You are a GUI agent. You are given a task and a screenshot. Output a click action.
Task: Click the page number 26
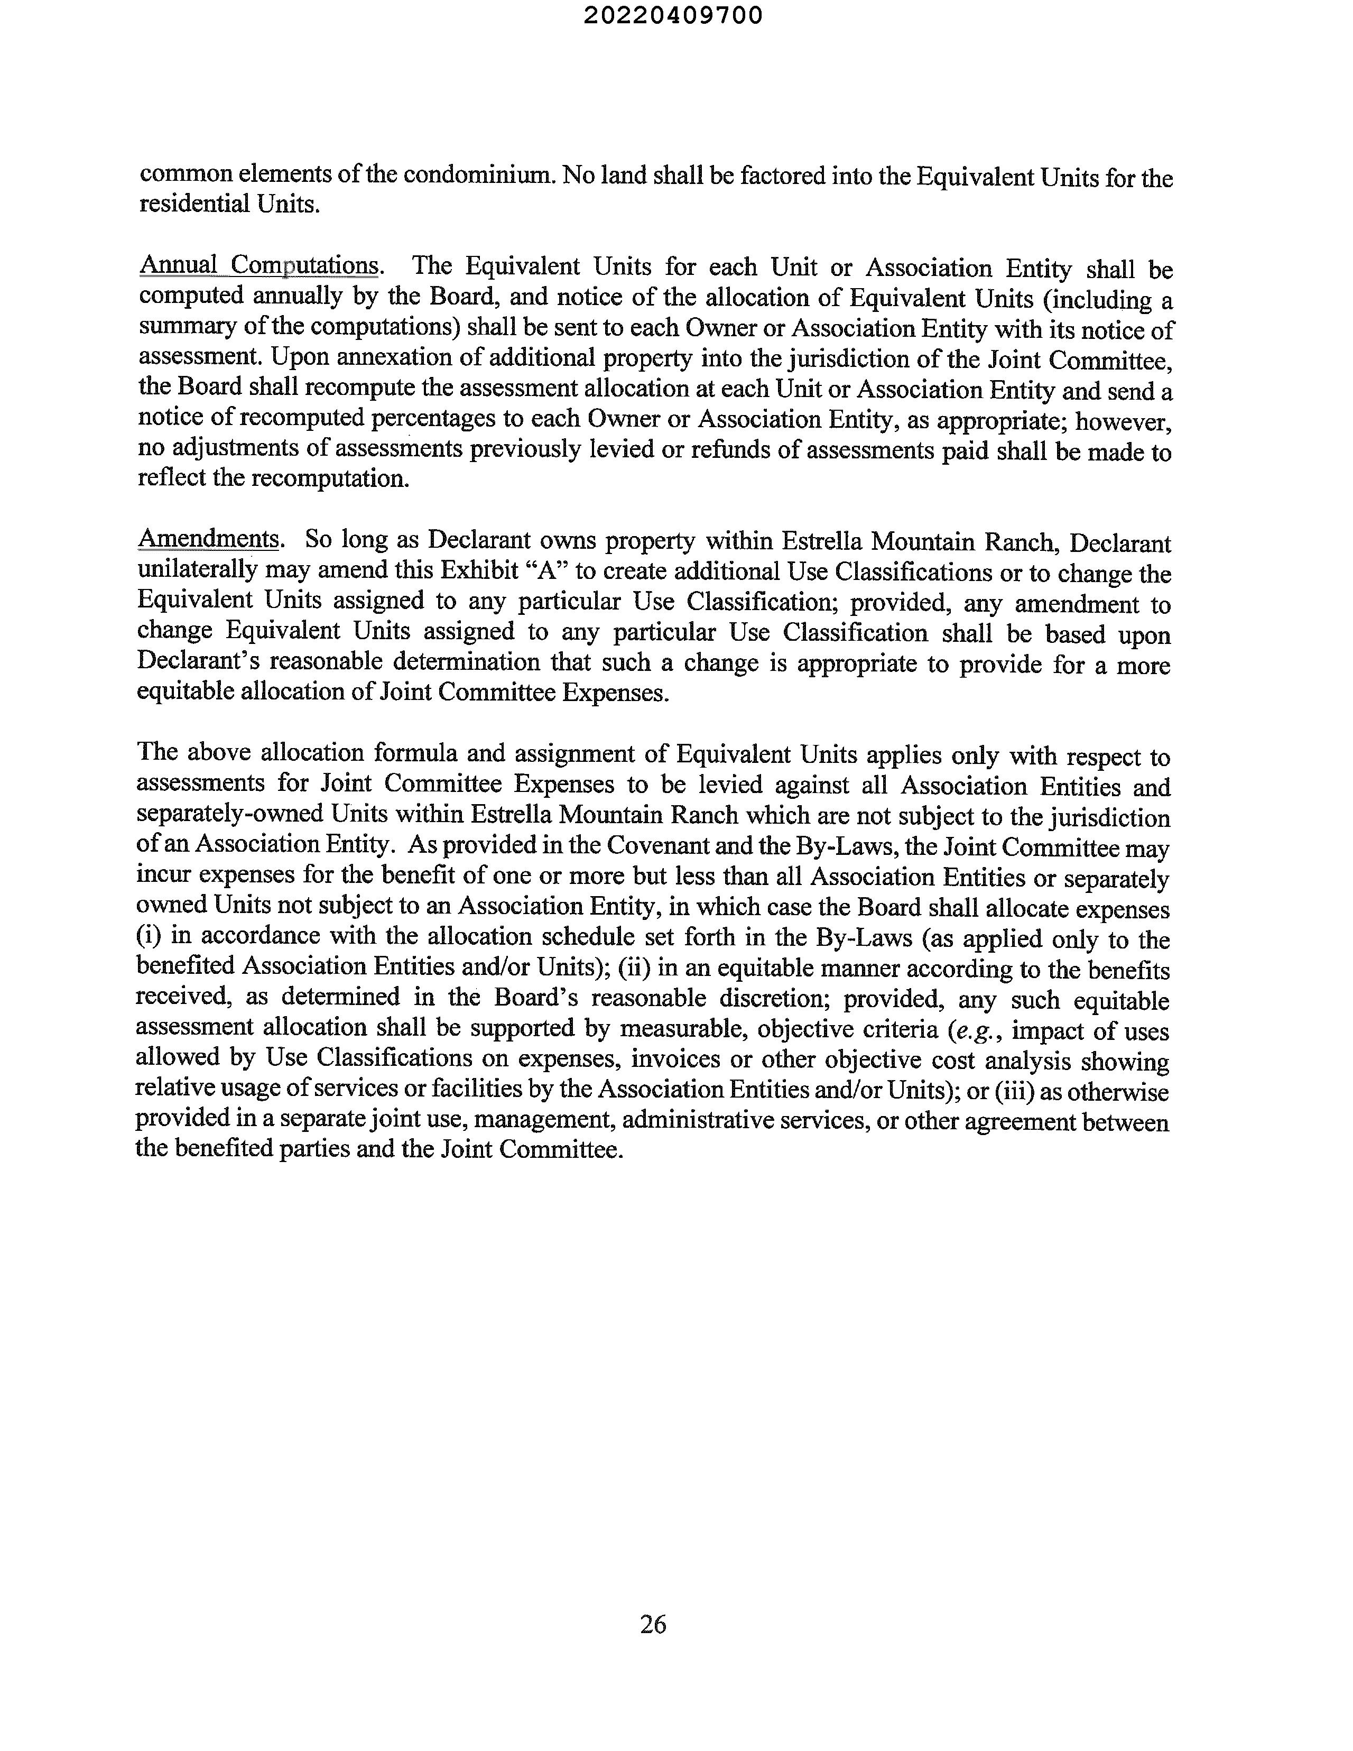[x=653, y=1624]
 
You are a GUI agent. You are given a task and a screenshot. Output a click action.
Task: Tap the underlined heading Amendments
[x=208, y=538]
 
